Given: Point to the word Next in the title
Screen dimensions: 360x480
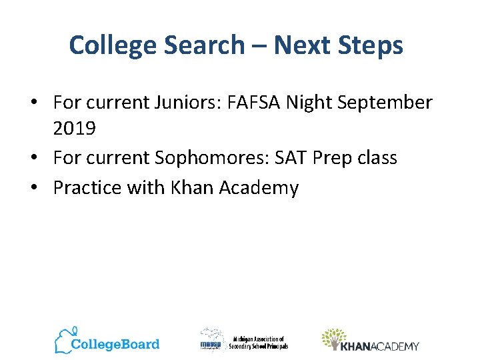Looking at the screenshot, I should coord(298,45).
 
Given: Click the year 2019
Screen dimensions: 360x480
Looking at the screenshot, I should coord(74,129).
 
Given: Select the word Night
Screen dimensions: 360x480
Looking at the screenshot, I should coord(315,103).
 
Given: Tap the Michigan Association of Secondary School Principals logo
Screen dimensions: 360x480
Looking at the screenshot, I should coord(244,341).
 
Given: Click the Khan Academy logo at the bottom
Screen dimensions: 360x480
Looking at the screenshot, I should coord(370,341).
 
